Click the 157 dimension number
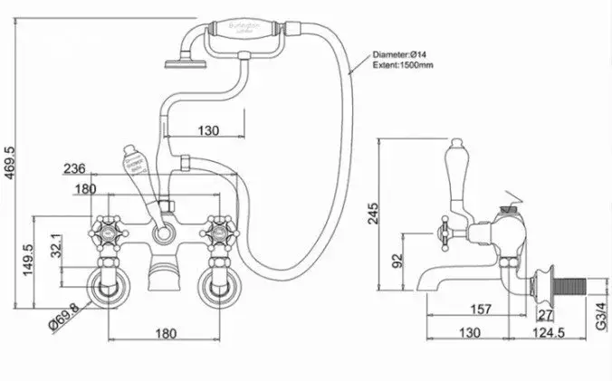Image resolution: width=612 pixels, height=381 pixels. tap(482, 310)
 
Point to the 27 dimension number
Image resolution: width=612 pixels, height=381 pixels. tap(544, 314)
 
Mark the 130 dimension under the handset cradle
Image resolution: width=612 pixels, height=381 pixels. tap(208, 131)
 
